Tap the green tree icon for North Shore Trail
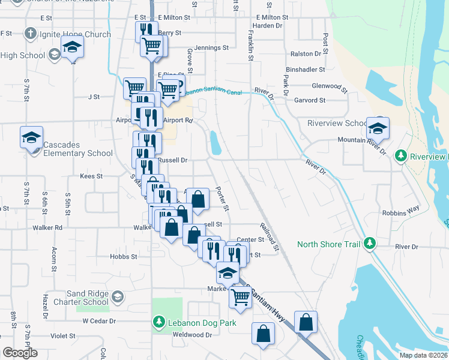371,244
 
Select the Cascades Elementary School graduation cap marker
31,137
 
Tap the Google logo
20,353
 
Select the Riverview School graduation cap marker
378,128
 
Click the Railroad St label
270,238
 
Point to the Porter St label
222,197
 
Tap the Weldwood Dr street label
192,335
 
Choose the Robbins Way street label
400,212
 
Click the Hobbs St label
124,256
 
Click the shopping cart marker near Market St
240,296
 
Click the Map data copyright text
423,355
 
